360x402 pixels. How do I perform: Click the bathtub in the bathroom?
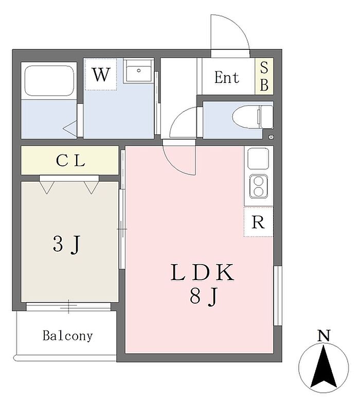pos(49,80)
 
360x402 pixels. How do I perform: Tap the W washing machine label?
pos(101,74)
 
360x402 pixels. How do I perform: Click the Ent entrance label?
pos(226,77)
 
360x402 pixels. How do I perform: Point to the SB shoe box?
pos(264,76)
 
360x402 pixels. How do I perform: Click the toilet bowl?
pos(253,117)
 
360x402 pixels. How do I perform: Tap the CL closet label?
pos(70,161)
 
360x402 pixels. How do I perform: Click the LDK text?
pos(202,272)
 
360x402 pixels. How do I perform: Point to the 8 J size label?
pos(204,296)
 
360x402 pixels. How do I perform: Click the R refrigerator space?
pos(258,222)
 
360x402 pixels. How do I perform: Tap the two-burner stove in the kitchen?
pos(258,186)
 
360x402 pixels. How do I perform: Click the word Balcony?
pos(68,336)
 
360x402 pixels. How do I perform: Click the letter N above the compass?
pos(323,335)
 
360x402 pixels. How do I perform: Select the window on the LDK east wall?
pos(278,296)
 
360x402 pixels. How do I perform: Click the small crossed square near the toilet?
pos(271,137)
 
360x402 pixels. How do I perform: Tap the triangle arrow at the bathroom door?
pos(70,128)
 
